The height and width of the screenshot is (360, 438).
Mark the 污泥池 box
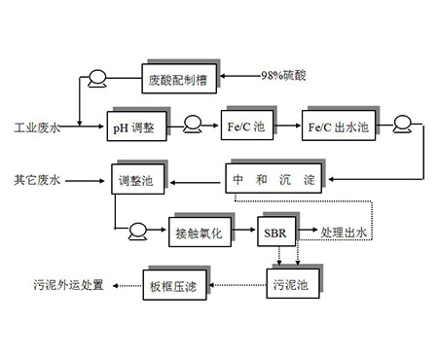coord(289,285)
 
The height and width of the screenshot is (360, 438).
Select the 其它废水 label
coord(36,180)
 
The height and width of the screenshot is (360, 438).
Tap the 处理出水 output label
coord(347,234)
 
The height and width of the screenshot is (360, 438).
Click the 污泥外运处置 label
coord(65,286)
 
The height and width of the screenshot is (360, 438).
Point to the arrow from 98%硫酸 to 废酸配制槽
coord(238,76)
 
